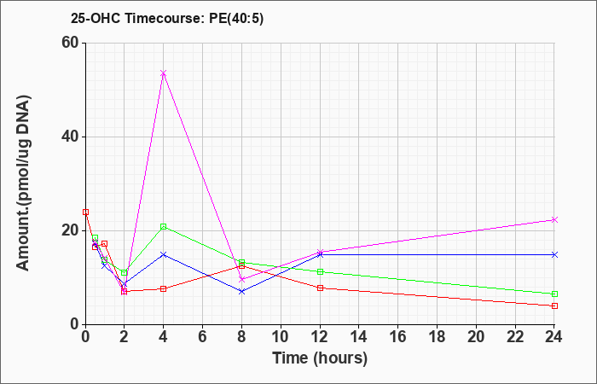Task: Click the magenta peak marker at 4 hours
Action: [164, 73]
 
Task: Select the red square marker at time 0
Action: [85, 212]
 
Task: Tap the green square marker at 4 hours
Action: [164, 227]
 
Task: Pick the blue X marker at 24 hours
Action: [554, 254]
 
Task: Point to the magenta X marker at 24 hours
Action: [554, 220]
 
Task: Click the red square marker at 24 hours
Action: [554, 305]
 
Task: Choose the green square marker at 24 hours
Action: [554, 294]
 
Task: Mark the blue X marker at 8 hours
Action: [241, 292]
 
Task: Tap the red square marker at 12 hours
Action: [320, 288]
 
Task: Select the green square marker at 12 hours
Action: [320, 271]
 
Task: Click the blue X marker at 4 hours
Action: [164, 254]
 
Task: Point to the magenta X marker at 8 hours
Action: [241, 279]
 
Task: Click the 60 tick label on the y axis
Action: [69, 43]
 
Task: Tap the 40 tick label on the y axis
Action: [69, 137]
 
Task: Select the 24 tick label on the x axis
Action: [554, 337]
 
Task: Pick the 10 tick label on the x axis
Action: [281, 337]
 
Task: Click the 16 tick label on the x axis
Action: [398, 337]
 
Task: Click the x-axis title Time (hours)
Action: [320, 358]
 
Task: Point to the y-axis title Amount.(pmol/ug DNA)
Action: [23, 183]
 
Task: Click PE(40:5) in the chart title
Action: [236, 19]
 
